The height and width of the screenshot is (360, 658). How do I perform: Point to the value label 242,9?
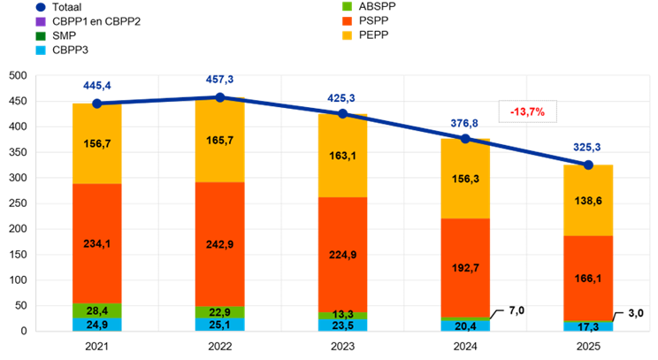[x=221, y=244]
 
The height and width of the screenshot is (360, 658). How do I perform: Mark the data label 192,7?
[x=465, y=267]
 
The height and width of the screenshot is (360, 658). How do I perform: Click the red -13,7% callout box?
[x=527, y=111]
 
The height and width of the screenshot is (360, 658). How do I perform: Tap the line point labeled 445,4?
[x=97, y=103]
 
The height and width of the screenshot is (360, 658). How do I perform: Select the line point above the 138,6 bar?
[x=588, y=164]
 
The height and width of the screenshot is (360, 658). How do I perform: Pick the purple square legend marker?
[x=41, y=21]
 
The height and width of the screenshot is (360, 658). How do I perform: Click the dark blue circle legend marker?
[x=41, y=7]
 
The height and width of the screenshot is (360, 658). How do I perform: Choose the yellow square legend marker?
[x=348, y=35]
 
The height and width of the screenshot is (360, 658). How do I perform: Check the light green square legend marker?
[x=348, y=6]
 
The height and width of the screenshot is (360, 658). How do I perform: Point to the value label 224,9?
[x=342, y=255]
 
